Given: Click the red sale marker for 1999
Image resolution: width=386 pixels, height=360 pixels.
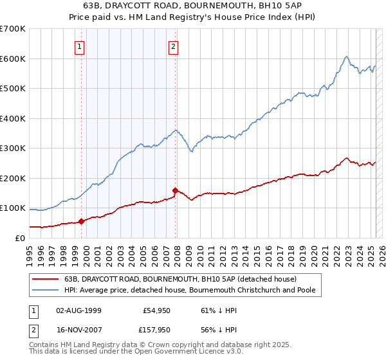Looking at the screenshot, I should pyautogui.click(x=82, y=221).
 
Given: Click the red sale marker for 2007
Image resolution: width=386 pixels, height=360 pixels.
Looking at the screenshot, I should pyautogui.click(x=176, y=190).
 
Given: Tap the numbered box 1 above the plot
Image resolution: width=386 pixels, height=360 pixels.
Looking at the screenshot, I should pyautogui.click(x=78, y=46).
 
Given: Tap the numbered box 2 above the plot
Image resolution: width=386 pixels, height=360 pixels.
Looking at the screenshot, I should pyautogui.click(x=174, y=46).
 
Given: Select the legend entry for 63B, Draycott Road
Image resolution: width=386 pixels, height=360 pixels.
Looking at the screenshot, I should pyautogui.click(x=180, y=280).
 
